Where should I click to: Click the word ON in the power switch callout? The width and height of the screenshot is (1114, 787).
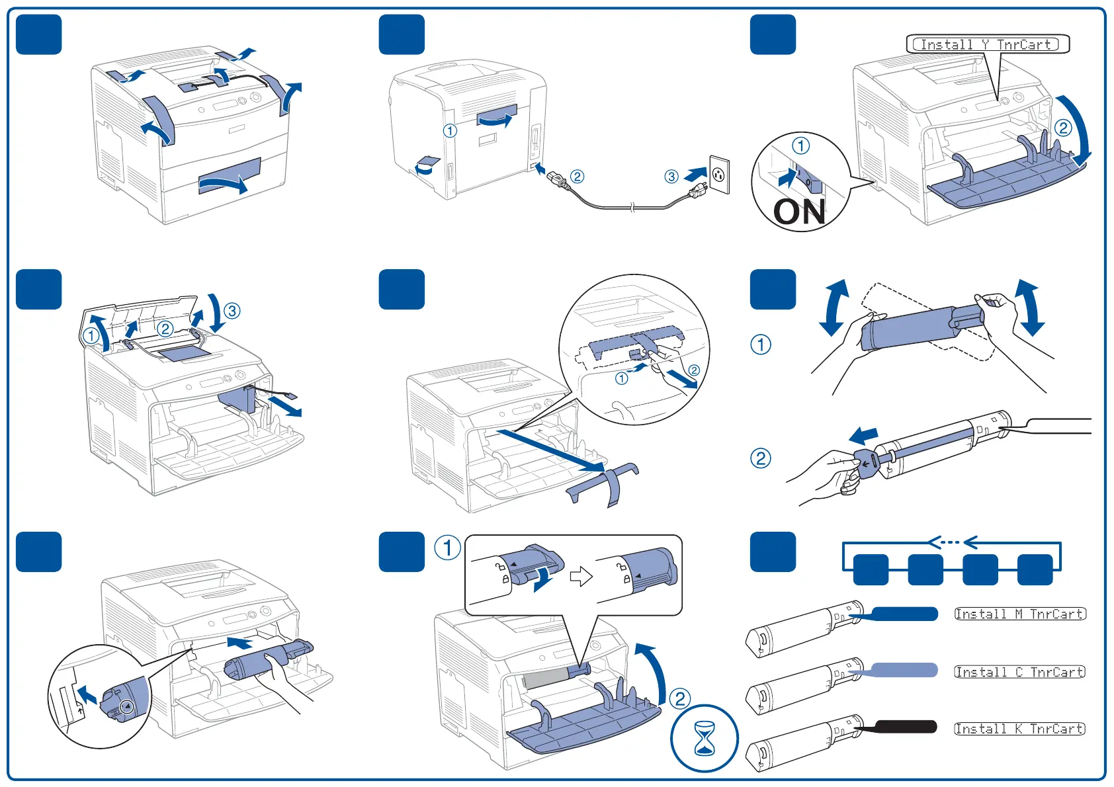pos(799,212)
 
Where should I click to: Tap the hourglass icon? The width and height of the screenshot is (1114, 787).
pos(705,739)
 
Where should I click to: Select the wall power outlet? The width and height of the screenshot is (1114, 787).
pos(719,175)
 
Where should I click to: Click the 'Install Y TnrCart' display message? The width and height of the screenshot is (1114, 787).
pos(986,44)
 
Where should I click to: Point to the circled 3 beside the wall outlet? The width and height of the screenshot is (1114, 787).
pos(671,177)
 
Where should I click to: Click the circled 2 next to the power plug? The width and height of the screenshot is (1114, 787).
pos(578,177)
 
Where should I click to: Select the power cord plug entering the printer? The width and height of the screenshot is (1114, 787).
pos(555,177)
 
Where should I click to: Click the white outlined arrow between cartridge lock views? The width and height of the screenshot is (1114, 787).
pos(581,576)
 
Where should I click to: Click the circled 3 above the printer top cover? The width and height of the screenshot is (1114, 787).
pos(232,311)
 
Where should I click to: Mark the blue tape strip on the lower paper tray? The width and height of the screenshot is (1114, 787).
pos(230,177)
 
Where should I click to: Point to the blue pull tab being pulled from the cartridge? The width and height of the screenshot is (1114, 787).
pos(867,461)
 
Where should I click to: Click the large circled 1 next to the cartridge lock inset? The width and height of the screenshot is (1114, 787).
pos(448,548)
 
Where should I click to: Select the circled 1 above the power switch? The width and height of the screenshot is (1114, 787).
pos(800,145)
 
